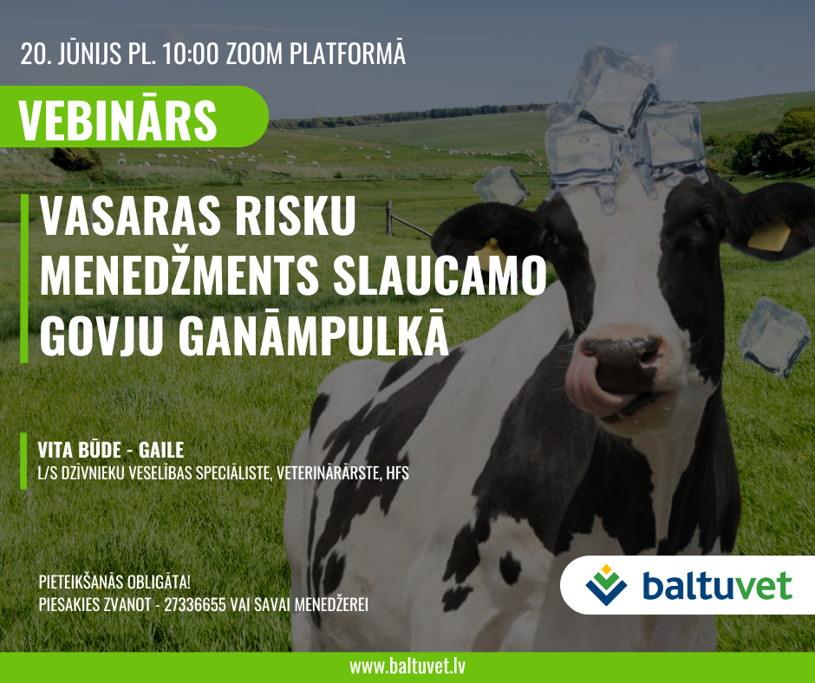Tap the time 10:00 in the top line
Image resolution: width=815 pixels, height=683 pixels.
tap(191, 54)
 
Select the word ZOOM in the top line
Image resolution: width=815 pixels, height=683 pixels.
tap(254, 54)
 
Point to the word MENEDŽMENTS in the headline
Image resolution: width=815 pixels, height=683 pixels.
tap(179, 276)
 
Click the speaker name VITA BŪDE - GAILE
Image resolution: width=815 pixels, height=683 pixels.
tap(111, 450)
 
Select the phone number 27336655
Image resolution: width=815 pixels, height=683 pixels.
tap(195, 604)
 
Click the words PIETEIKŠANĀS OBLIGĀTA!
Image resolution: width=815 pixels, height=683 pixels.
tap(114, 582)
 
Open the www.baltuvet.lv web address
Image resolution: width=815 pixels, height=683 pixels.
tap(407, 667)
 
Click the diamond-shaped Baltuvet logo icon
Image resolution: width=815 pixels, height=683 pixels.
tap(606, 585)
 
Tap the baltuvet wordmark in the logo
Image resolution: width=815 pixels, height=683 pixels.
tap(717, 585)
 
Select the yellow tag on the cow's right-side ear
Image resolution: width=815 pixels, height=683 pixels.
tap(769, 237)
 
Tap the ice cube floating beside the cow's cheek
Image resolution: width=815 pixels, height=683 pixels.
tap(774, 337)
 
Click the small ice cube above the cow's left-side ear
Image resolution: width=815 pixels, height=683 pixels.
tap(502, 185)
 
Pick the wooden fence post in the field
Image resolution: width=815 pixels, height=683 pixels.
tap(388, 218)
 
